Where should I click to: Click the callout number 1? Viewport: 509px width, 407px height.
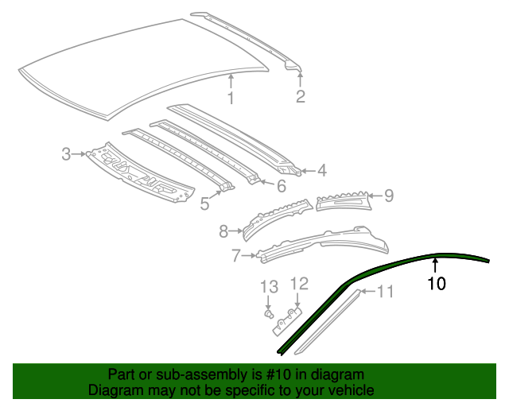click(231, 99)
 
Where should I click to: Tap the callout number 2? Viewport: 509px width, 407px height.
click(300, 97)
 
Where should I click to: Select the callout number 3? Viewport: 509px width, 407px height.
click(67, 153)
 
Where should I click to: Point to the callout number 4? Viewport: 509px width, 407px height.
click(321, 170)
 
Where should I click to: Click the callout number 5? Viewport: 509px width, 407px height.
click(205, 203)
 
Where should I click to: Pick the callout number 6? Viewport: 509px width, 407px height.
click(281, 187)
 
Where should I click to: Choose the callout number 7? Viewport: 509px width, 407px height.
click(235, 256)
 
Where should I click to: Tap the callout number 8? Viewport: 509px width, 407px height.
click(223, 231)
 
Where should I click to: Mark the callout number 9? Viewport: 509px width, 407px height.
click(389, 195)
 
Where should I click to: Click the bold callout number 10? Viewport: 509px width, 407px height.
click(437, 283)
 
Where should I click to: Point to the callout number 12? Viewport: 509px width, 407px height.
click(298, 283)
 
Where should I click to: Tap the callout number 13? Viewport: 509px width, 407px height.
click(270, 286)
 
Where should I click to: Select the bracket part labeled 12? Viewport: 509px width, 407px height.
click(287, 319)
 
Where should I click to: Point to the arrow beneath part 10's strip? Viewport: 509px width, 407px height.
click(435, 265)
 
